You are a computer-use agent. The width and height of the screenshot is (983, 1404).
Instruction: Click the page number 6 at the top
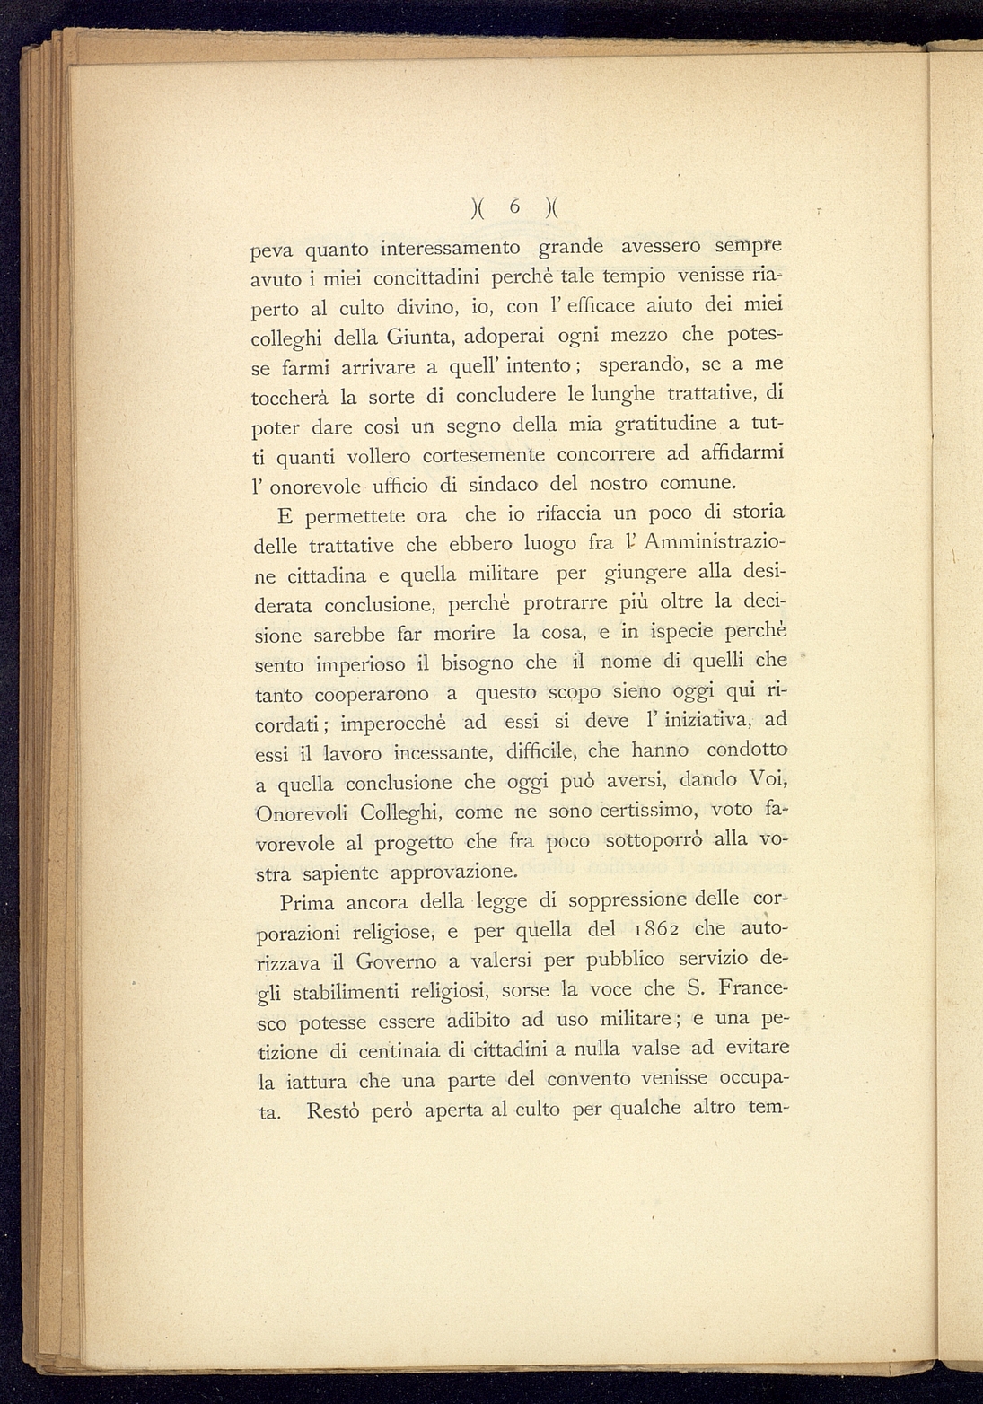[514, 206]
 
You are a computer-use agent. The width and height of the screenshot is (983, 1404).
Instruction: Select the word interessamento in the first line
[451, 246]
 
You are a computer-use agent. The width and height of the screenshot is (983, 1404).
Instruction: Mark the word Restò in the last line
[333, 1110]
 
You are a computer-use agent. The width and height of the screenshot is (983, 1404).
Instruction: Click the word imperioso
[362, 665]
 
